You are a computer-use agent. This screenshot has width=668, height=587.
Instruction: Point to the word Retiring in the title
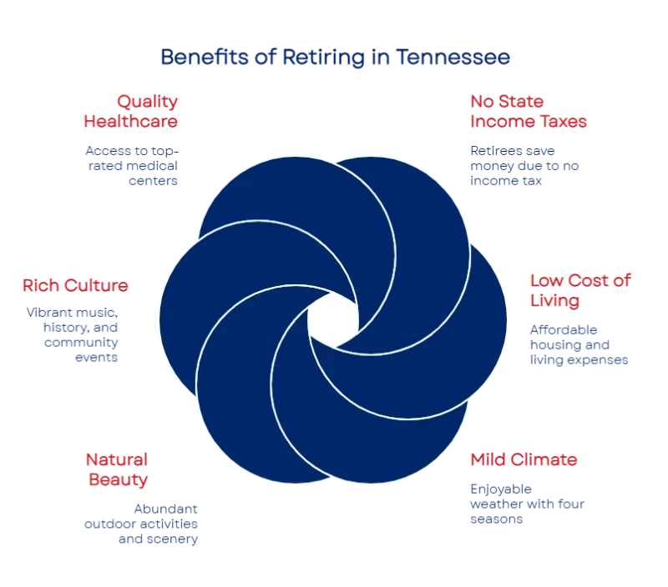pos(317,58)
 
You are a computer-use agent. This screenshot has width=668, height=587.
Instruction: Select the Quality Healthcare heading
pos(132,111)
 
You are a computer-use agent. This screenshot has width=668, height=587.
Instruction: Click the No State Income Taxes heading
pos(529,111)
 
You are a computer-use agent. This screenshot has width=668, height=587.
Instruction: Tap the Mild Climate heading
pos(524,459)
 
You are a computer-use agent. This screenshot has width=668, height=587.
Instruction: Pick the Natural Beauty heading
pos(116,469)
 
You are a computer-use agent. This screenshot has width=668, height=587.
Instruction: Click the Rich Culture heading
pos(76,285)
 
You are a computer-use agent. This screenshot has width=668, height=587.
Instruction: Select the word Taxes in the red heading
pos(564,122)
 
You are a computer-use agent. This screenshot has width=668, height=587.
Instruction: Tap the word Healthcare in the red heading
pos(132,122)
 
